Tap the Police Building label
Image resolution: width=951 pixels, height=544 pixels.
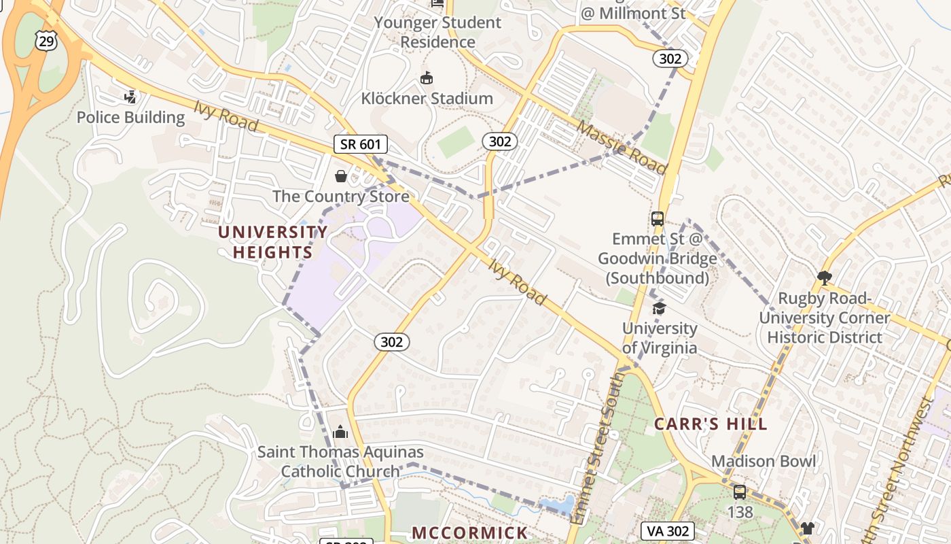pos(130,118)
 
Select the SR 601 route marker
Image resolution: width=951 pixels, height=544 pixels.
pos(361,144)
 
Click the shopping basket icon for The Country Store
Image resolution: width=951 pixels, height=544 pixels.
pos(341,177)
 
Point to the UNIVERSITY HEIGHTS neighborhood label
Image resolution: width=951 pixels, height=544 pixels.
pos(272,242)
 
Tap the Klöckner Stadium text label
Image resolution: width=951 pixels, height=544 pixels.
pos(427,99)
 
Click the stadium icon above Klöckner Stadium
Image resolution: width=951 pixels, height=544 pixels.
pos(427,78)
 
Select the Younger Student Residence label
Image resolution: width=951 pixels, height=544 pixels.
pos(437,32)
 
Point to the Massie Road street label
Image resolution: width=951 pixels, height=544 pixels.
pos(622,147)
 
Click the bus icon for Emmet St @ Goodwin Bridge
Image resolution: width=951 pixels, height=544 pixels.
pos(658,219)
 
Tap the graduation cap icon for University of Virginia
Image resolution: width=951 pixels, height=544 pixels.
pos(659,309)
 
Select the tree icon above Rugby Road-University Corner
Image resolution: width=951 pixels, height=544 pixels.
pos(825,277)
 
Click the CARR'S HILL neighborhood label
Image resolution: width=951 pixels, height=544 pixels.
pos(711,424)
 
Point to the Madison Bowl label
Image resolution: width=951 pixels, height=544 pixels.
pos(764,461)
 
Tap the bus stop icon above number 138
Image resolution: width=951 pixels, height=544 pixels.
pos(740,492)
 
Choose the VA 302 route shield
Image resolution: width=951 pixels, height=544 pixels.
pos(668,531)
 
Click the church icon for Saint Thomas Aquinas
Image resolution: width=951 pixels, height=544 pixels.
pos(340,432)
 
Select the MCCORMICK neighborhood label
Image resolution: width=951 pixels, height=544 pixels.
pos(469,532)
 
